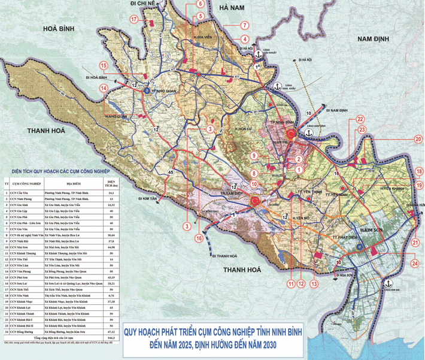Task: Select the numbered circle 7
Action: [x=245, y=26]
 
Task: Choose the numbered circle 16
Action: [x=199, y=238]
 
